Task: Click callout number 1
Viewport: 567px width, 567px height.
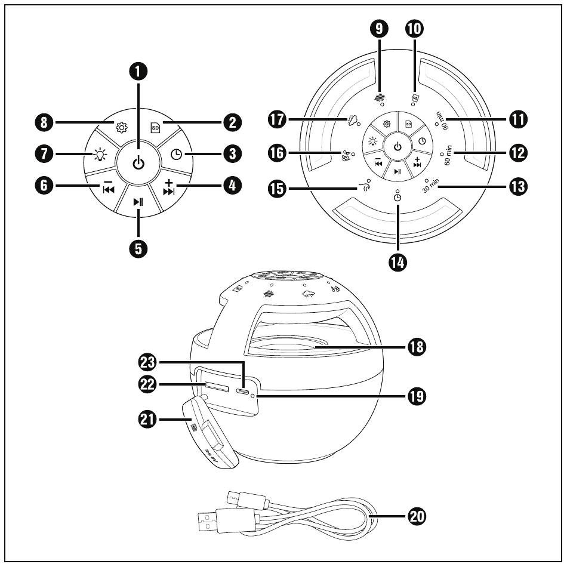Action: point(138,72)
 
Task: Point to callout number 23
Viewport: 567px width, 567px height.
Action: point(146,362)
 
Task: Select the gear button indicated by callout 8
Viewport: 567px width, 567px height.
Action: point(122,127)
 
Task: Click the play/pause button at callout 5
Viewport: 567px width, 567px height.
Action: point(138,202)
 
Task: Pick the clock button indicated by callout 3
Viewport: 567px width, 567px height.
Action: point(177,155)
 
